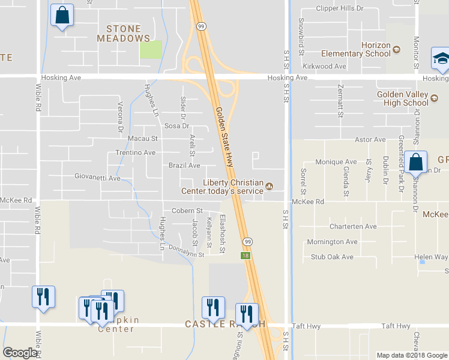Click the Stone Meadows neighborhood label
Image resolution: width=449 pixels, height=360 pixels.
[x=124, y=34]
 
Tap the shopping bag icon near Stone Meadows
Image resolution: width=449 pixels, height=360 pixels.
[x=62, y=16]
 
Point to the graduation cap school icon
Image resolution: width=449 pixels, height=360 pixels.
[x=441, y=59]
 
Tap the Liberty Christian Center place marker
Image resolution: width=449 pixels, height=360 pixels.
[x=269, y=187]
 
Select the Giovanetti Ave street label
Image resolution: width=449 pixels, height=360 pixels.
[x=97, y=178]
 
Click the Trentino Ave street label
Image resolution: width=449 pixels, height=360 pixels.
[x=136, y=152]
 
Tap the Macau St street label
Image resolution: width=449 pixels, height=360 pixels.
[x=142, y=138]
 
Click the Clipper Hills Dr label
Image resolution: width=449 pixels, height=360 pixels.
[x=340, y=9]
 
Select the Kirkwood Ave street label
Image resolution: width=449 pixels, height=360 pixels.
[x=324, y=66]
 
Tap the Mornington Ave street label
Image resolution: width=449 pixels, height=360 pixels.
[x=332, y=242]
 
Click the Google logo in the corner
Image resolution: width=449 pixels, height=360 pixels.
[x=20, y=353]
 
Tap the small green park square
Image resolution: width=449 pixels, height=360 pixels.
[x=151, y=50]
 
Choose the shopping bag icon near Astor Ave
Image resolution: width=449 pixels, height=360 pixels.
[x=415, y=162]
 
